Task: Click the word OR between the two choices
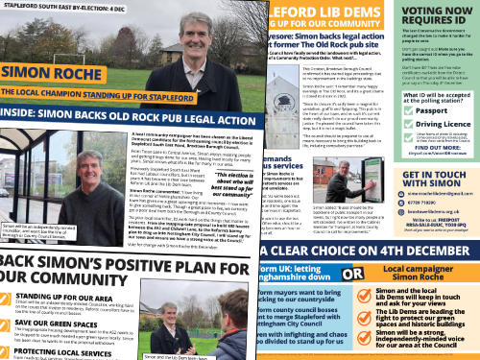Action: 351,273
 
